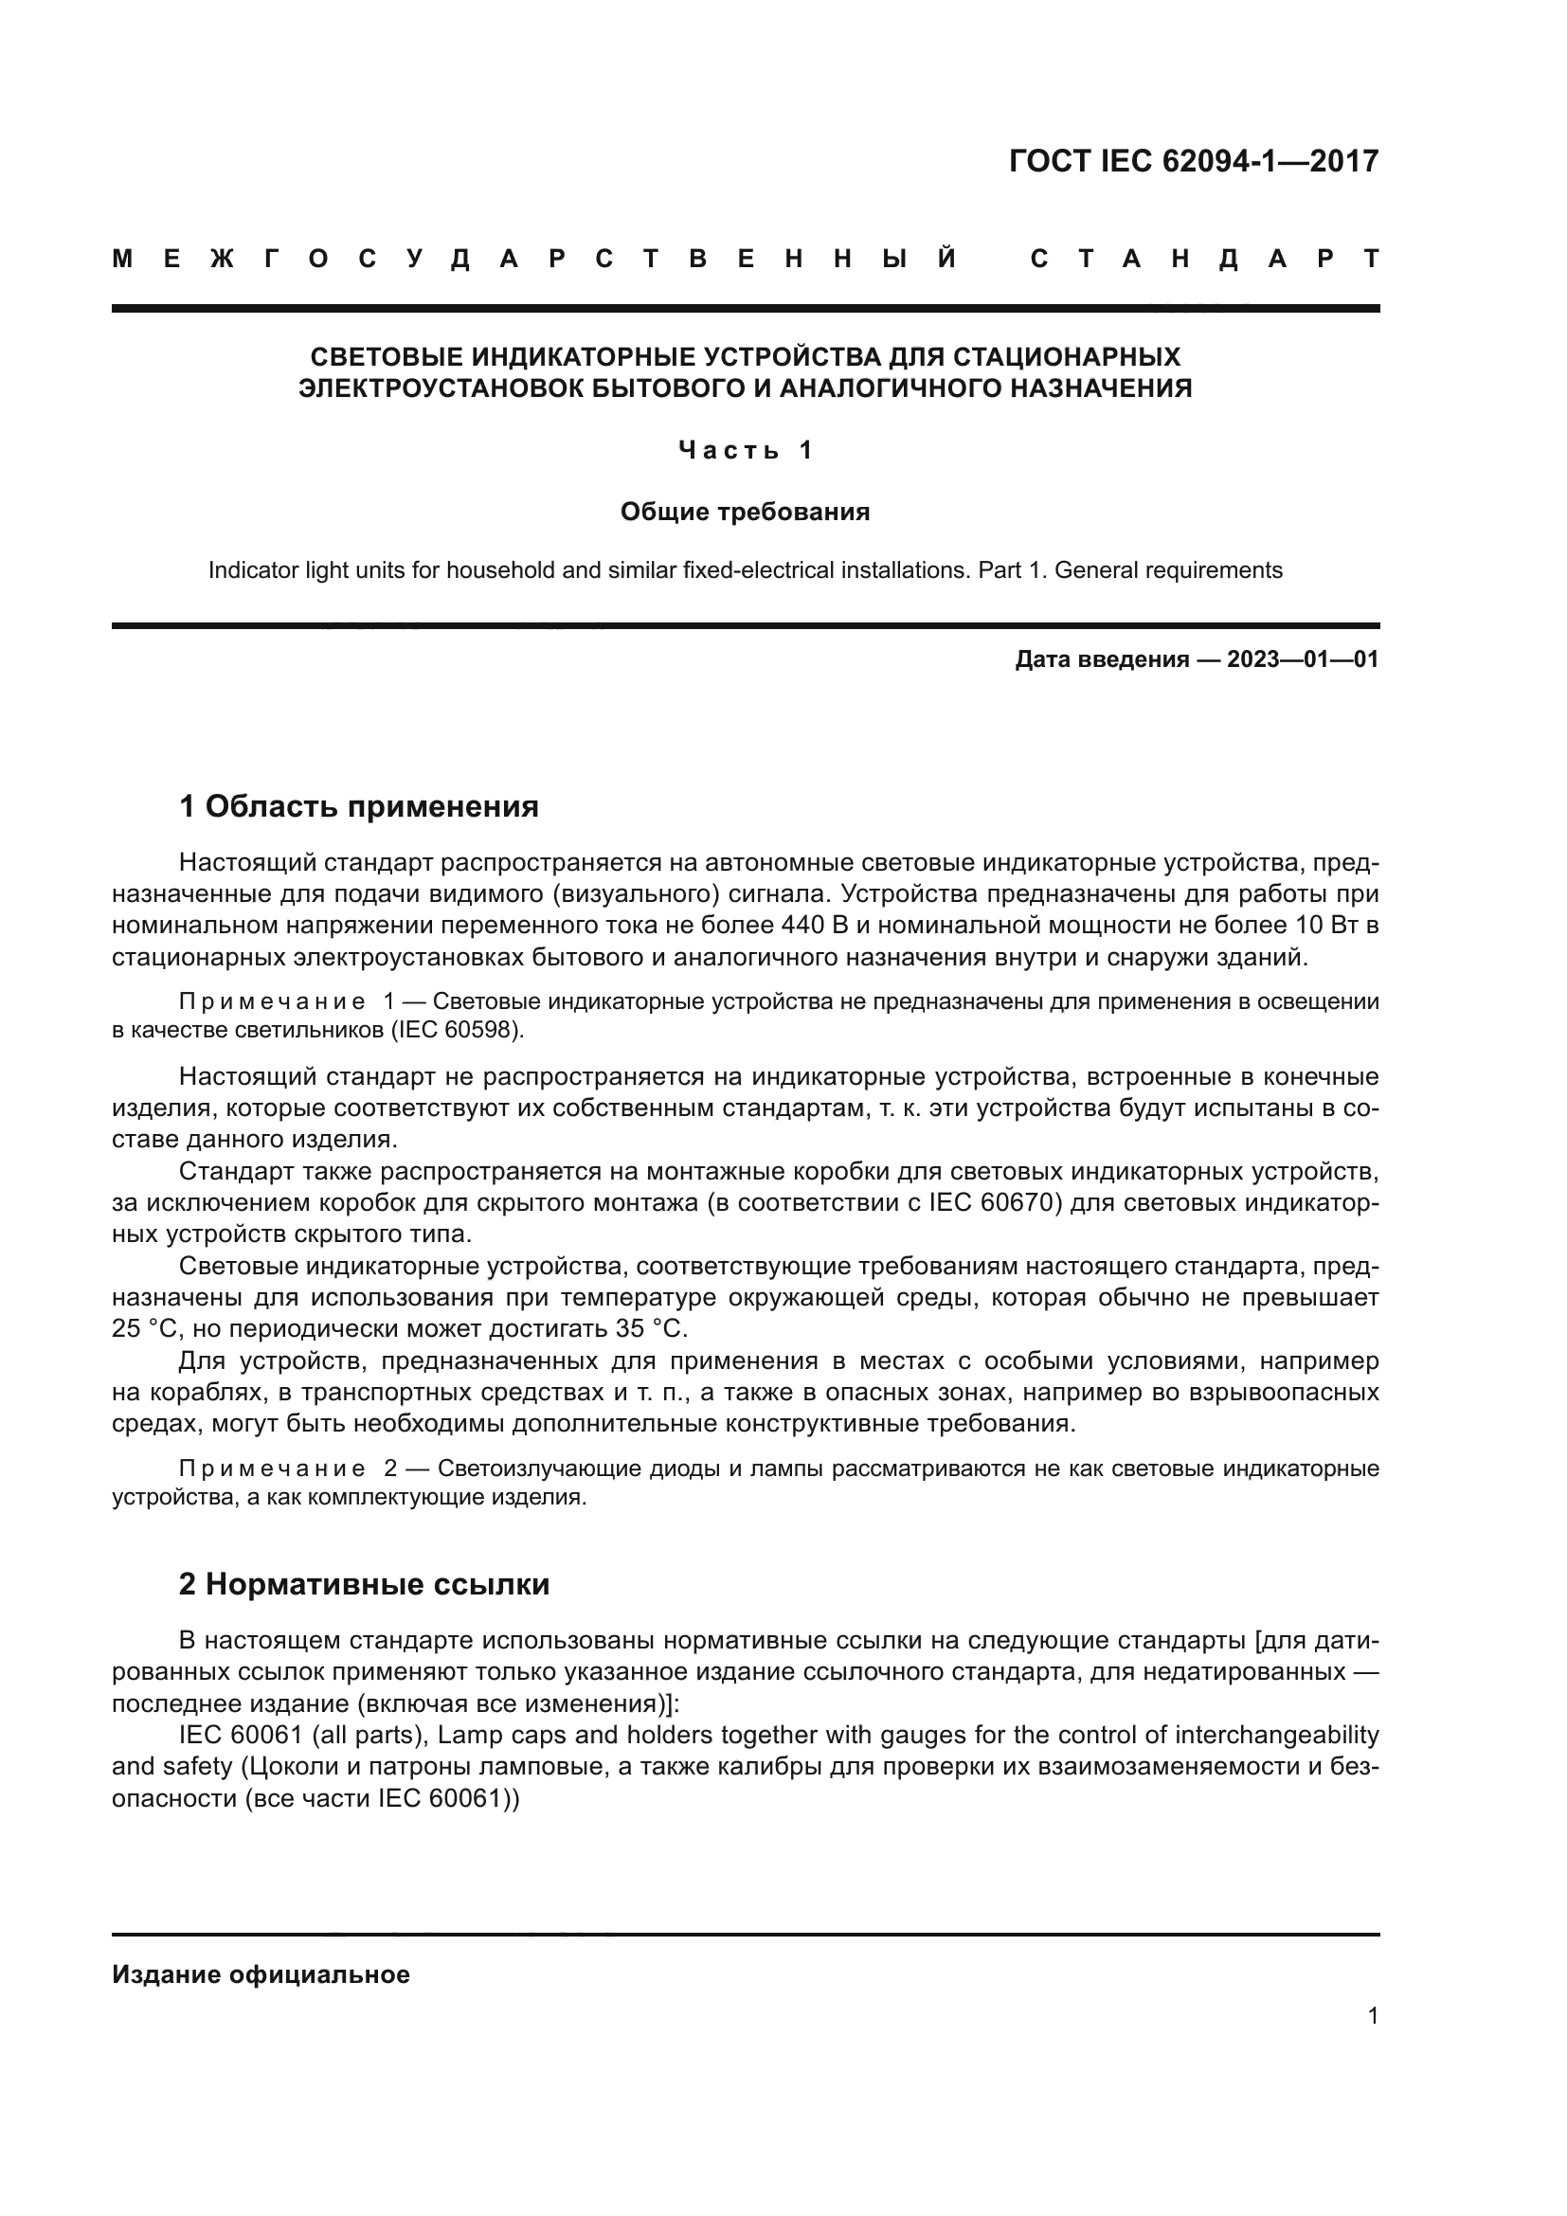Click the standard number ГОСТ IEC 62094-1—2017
pyautogui.click(x=1194, y=160)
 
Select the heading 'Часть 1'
pyautogui.click(x=745, y=450)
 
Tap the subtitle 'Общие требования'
pyautogui.click(x=745, y=512)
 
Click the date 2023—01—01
pyautogui.click(x=1303, y=659)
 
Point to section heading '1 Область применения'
pyautogui.click(x=359, y=806)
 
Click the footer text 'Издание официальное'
pyautogui.click(x=261, y=1974)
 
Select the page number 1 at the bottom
pyautogui.click(x=1373, y=2015)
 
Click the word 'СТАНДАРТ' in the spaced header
pyautogui.click(x=1204, y=259)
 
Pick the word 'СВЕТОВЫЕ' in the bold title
pyautogui.click(x=386, y=357)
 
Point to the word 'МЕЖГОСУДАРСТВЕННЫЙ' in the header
pyautogui.click(x=534, y=259)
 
